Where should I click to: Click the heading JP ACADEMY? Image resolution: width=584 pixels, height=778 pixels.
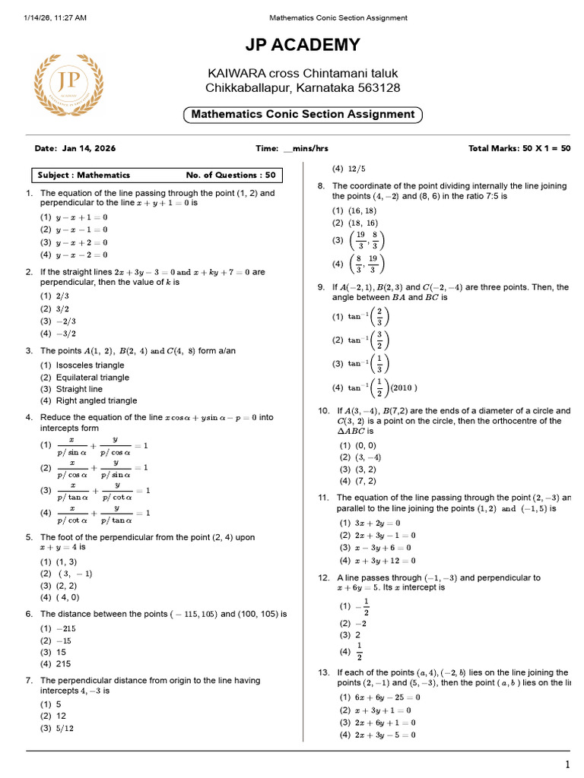[303, 46]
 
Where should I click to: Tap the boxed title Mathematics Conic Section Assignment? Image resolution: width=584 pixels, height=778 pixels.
[303, 115]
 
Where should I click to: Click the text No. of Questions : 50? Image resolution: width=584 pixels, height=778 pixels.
[231, 175]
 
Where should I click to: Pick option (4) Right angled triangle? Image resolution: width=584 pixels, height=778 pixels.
[88, 400]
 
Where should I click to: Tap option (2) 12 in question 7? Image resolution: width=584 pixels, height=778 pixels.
[54, 716]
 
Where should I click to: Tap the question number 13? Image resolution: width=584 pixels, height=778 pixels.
[323, 672]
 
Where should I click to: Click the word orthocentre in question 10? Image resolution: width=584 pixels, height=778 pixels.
[519, 420]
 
